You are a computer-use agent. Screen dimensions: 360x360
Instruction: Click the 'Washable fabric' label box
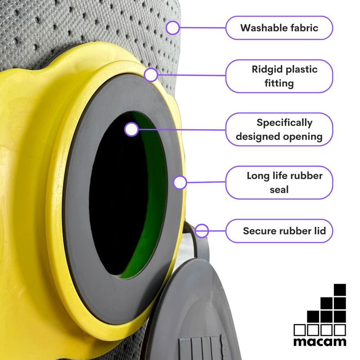[279, 28]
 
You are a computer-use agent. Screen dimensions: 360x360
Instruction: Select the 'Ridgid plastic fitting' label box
[279, 76]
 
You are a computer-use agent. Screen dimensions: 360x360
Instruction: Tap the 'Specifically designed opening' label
[279, 130]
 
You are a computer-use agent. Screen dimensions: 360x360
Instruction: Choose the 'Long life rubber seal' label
[279, 182]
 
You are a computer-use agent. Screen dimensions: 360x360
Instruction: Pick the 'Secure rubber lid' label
[279, 231]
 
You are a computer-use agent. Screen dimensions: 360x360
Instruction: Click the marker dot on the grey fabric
[172, 28]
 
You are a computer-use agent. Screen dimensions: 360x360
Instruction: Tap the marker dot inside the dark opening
[131, 130]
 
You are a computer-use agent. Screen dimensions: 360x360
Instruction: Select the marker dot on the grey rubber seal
[180, 182]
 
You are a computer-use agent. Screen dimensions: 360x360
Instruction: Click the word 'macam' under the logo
[320, 342]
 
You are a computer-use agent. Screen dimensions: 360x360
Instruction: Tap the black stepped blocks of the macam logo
[328, 310]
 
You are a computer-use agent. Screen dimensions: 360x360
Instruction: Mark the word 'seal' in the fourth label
[279, 189]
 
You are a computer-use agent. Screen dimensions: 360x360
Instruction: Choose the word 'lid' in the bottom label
[325, 231]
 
